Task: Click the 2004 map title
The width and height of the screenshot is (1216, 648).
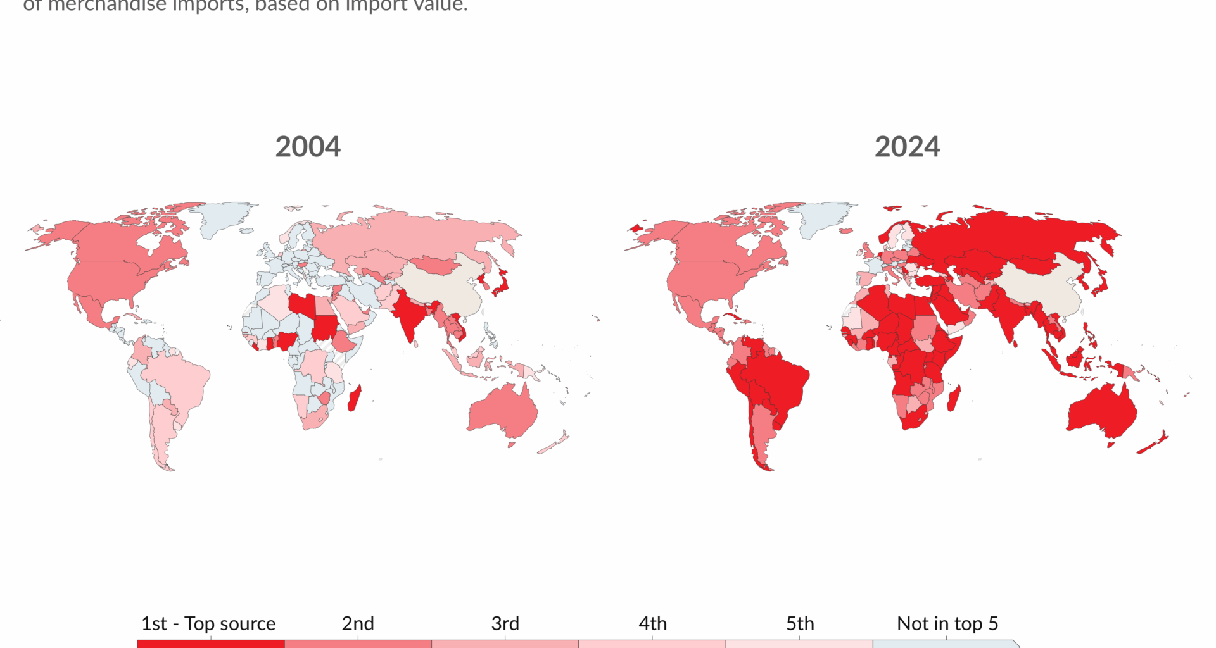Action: (x=308, y=147)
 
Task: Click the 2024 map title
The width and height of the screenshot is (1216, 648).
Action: (x=907, y=147)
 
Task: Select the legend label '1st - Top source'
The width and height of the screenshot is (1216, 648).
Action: (x=208, y=623)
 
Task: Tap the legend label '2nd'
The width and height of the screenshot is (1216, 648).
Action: (x=358, y=623)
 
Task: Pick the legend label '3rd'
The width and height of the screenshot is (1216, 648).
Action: (x=505, y=623)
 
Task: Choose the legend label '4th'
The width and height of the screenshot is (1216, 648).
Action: (x=652, y=623)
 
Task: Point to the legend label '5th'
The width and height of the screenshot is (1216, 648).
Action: (x=800, y=623)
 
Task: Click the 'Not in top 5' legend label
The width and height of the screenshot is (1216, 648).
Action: (x=947, y=623)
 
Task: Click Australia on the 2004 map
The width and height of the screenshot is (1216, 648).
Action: (x=503, y=411)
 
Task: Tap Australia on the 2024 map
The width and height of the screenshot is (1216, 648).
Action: (x=1103, y=411)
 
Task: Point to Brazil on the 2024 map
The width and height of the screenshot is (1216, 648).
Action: (x=776, y=377)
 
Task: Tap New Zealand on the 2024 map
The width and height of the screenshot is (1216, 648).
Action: (x=1154, y=444)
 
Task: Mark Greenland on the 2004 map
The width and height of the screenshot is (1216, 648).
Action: (x=224, y=218)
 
